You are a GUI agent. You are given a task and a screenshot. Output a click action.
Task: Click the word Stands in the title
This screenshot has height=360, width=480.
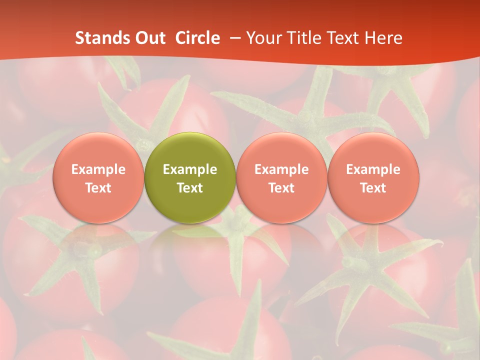(103, 38)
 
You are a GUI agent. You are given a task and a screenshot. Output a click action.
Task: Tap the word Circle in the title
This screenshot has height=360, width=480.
(197, 38)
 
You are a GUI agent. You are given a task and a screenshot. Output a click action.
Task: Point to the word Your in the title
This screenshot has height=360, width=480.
(263, 38)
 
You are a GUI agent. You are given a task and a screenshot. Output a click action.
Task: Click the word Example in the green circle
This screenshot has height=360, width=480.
(190, 169)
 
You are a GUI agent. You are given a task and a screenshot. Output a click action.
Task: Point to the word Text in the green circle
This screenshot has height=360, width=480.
(190, 188)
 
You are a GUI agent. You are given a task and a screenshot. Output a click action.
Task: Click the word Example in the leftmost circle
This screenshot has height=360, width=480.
(98, 169)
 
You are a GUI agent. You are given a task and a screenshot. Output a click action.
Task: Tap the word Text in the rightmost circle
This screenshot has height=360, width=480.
(373, 188)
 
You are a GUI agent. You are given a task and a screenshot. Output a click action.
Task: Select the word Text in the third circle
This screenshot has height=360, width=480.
(281, 188)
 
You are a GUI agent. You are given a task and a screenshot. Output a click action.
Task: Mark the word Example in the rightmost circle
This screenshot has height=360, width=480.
(373, 169)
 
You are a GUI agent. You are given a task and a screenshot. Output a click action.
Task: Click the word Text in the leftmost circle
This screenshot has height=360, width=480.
(98, 188)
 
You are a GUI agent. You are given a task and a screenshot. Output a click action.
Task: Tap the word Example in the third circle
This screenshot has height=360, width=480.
(281, 169)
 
